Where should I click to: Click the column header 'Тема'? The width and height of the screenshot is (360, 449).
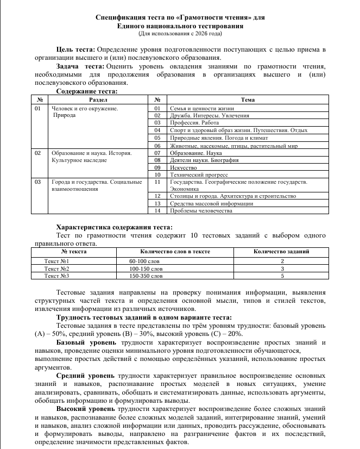coord(248,100)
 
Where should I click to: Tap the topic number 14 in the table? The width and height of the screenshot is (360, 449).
coord(157,210)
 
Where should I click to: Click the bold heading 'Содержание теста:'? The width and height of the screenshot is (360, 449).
coord(87,91)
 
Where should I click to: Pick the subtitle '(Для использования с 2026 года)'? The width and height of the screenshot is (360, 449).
coord(180,34)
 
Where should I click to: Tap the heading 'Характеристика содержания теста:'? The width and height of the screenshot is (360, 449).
coord(114,227)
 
